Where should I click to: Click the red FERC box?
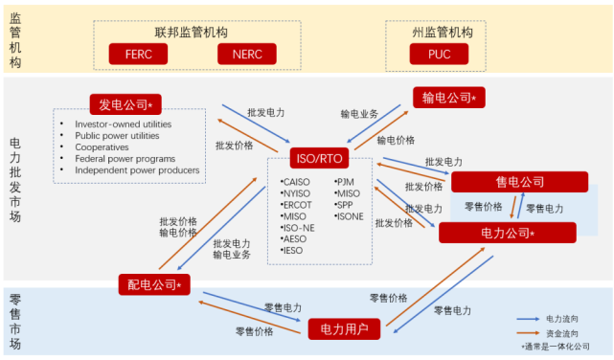pyautogui.click(x=138, y=54)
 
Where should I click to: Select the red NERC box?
pyautogui.click(x=247, y=54)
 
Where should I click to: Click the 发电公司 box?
pyautogui.click(x=125, y=102)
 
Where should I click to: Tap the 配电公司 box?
pyautogui.click(x=154, y=283)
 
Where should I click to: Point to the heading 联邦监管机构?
pyautogui.click(x=193, y=32)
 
